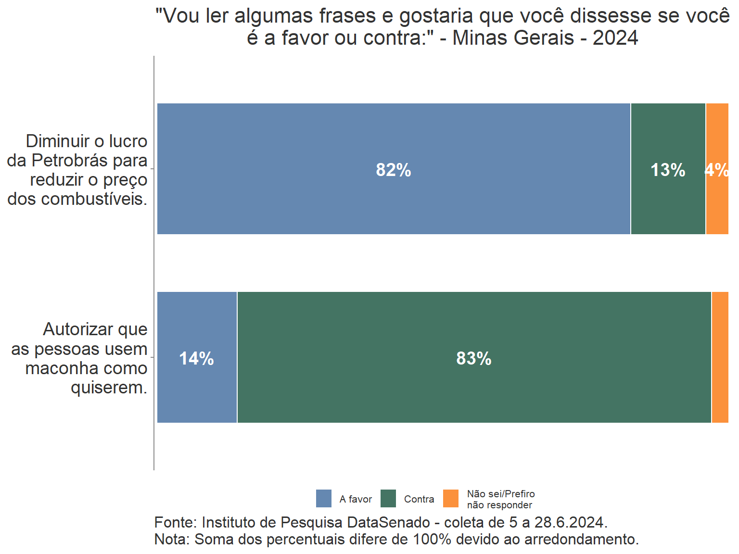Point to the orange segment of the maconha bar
pos(720,357)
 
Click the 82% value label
pos(394,170)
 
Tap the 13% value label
pos(668,170)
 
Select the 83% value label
pos(474,359)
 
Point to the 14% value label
pos(196,359)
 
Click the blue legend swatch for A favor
pos(324,499)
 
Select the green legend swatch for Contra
pos(388,499)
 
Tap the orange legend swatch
pos(451,499)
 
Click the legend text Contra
pos(419,499)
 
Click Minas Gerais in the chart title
pos(513,38)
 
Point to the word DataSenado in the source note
pos(389,523)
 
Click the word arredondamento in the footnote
pos(581,540)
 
